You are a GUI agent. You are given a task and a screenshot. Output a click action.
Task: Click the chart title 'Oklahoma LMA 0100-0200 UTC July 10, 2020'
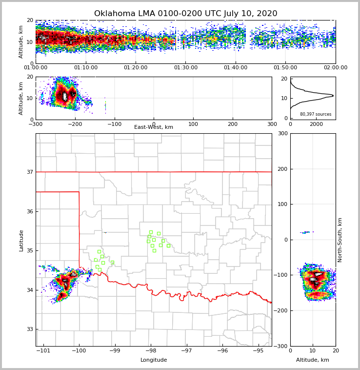(x=185, y=14)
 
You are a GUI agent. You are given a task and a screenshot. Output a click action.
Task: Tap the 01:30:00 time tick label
(x=185, y=68)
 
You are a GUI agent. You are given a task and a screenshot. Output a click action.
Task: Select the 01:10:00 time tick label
(x=85, y=68)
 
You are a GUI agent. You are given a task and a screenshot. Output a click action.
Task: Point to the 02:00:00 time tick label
(x=335, y=68)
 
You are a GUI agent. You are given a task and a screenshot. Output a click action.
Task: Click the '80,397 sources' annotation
(x=316, y=114)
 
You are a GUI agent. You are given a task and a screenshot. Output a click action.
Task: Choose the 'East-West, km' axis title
(x=154, y=127)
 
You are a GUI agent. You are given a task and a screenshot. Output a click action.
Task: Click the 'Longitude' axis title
(x=154, y=360)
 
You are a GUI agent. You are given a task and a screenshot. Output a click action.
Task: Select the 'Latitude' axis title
(x=21, y=240)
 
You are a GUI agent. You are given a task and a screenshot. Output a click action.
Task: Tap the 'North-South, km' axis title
(x=340, y=240)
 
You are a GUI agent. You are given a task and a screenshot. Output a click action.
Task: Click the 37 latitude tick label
(x=29, y=172)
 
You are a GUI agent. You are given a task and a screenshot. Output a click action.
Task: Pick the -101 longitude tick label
(x=43, y=350)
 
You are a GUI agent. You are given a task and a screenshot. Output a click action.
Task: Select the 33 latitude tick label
(x=29, y=329)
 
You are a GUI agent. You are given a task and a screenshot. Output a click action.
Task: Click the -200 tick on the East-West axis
(x=75, y=124)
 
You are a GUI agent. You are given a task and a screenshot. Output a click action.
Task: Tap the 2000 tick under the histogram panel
(x=317, y=124)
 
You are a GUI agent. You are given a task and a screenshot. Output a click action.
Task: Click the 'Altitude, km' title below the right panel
(x=313, y=360)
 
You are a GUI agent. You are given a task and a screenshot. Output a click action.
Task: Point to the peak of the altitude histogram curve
(x=333, y=96)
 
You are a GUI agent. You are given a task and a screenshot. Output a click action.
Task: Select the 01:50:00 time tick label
(x=285, y=68)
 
